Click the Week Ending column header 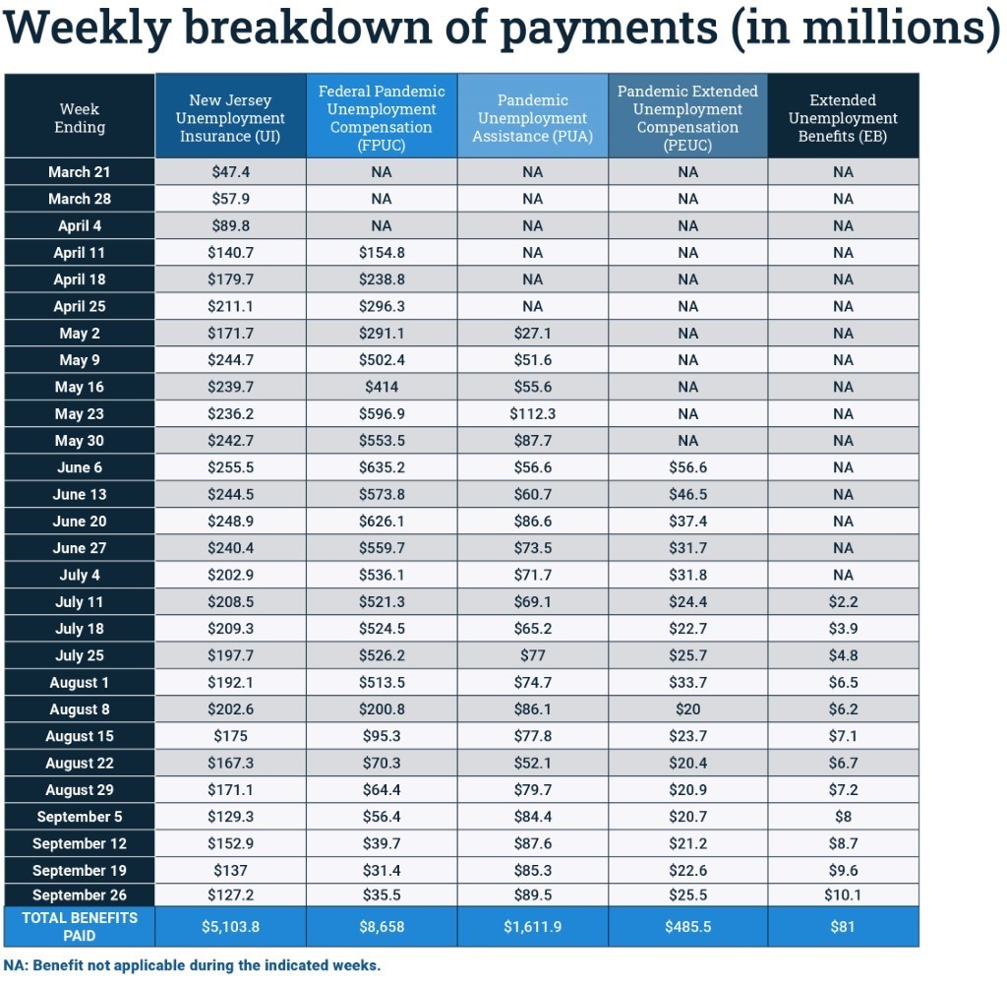(79, 118)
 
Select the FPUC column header (382, 118)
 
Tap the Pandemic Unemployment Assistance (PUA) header (532, 118)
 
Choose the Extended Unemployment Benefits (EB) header (842, 118)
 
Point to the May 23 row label (79, 414)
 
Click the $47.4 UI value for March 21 (231, 172)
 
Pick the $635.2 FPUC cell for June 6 (382, 468)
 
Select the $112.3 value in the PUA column (532, 414)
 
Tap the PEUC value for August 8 (687, 709)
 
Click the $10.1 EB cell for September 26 (842, 895)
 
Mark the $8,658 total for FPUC (382, 927)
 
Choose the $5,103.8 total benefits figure (231, 927)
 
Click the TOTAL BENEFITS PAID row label (79, 926)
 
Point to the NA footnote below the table (192, 965)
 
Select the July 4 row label (79, 576)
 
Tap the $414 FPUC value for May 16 (382, 388)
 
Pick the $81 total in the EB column (842, 927)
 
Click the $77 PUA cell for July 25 (532, 656)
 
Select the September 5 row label (79, 817)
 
